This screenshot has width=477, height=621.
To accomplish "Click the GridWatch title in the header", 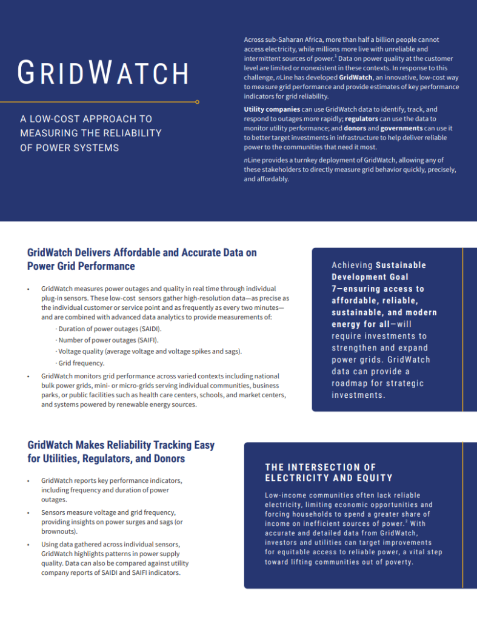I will [103, 73].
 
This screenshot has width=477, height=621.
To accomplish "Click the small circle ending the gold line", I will [198, 102].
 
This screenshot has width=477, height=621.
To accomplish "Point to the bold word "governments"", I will [401, 128].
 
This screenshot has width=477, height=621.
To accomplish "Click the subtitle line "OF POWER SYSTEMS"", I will [70, 147].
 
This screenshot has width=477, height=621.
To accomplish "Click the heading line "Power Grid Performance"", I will [81, 266].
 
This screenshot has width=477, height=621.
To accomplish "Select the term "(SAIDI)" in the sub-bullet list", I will [150, 328].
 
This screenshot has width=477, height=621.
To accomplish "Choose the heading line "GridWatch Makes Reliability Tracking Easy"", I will [121, 445].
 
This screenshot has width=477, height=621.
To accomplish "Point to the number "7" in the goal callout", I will [334, 289].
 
